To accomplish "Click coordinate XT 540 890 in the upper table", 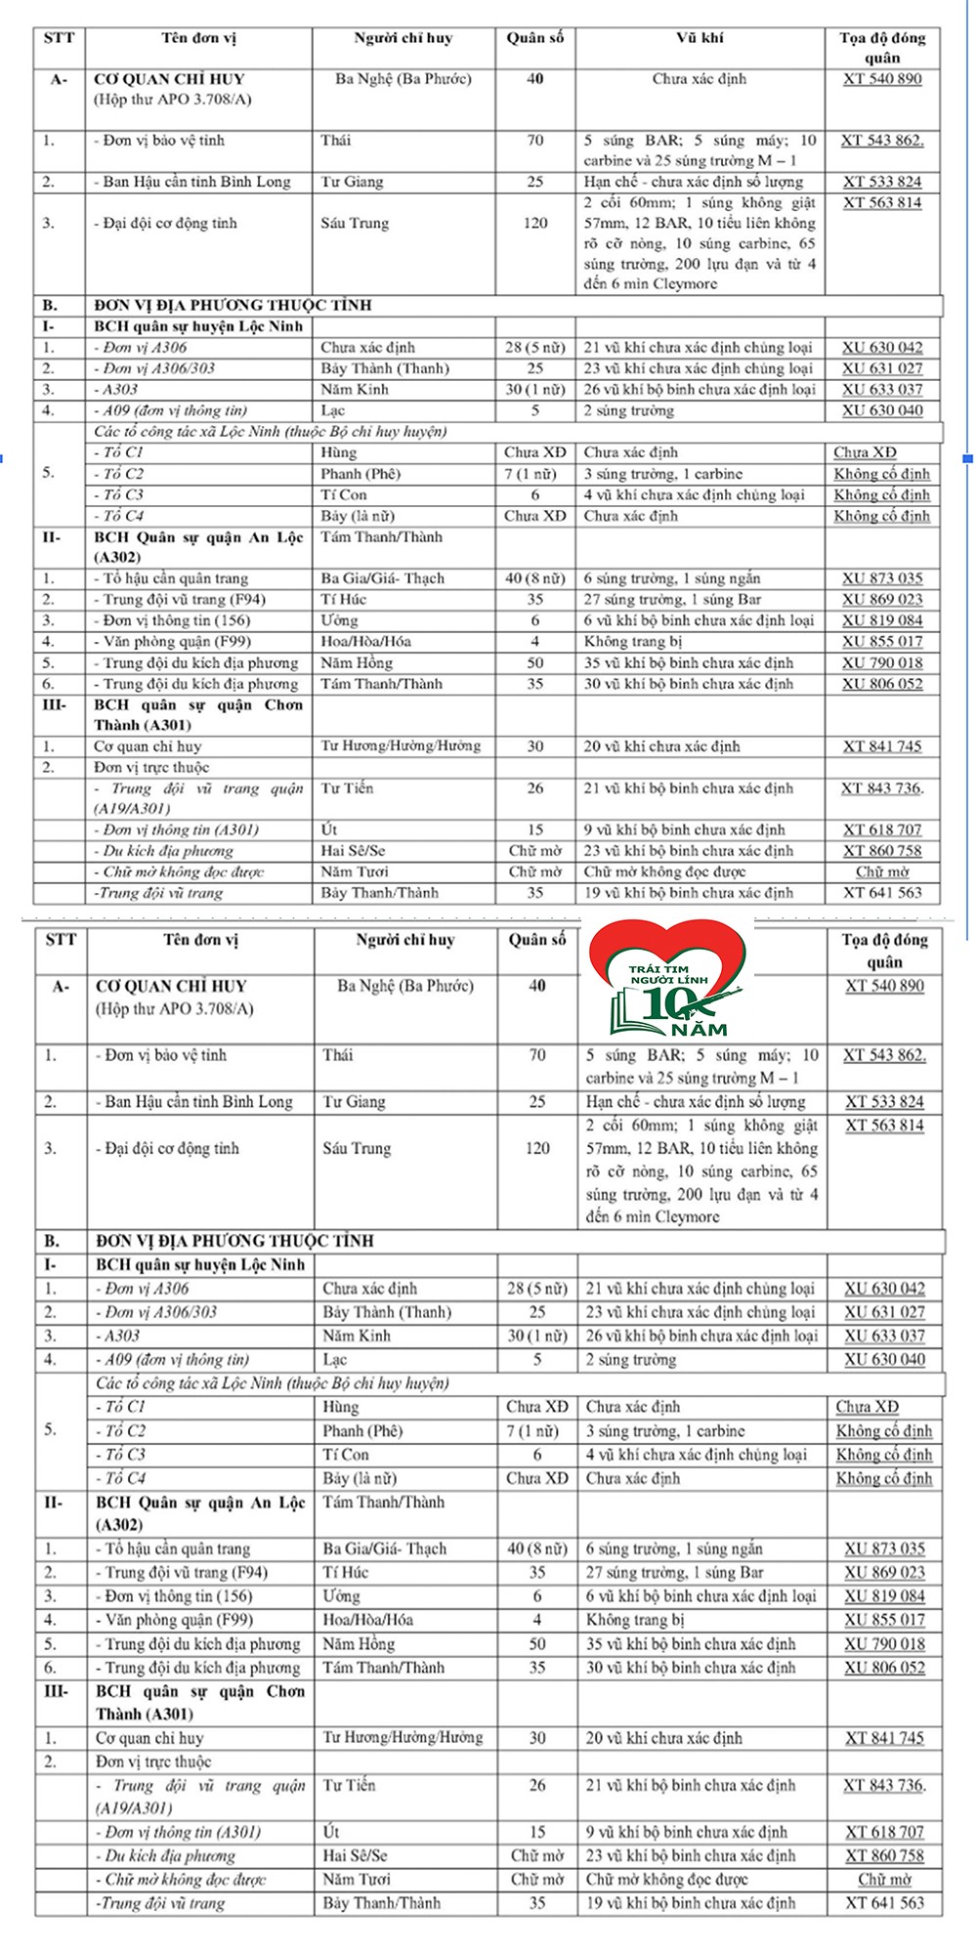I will click(881, 79).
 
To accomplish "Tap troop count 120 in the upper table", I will click(535, 223).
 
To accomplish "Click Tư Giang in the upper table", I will click(352, 182).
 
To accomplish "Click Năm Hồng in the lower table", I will click(359, 1644).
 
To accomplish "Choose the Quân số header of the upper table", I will click(535, 39).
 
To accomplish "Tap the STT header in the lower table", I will click(61, 940).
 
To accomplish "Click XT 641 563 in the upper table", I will click(882, 892).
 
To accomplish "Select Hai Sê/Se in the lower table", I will click(355, 1855).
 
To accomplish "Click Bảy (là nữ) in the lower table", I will click(360, 1478).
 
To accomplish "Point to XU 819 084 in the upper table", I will click(882, 620).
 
